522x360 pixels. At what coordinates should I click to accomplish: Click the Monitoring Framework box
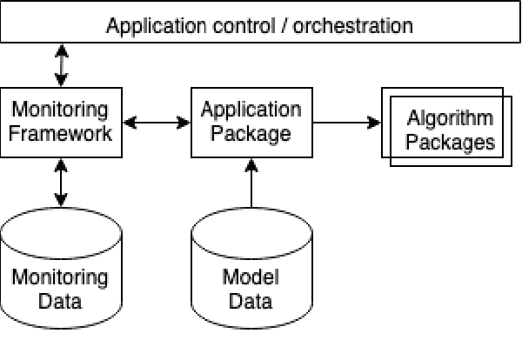[x=61, y=123]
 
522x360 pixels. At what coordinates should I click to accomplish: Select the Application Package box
[x=251, y=123]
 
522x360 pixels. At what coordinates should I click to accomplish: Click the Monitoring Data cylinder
[x=61, y=270]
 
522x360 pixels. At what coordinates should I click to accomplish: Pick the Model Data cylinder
[x=251, y=270]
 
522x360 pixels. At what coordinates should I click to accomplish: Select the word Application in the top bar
[x=154, y=25]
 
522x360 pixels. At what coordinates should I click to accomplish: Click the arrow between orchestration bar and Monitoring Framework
[x=61, y=65]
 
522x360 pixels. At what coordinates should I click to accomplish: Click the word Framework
[x=61, y=135]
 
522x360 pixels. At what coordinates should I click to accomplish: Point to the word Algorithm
[x=450, y=119]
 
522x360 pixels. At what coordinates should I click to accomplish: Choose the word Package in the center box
[x=251, y=135]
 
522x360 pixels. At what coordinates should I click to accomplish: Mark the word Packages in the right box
[x=450, y=142]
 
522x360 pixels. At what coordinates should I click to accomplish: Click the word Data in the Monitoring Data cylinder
[x=61, y=302]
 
